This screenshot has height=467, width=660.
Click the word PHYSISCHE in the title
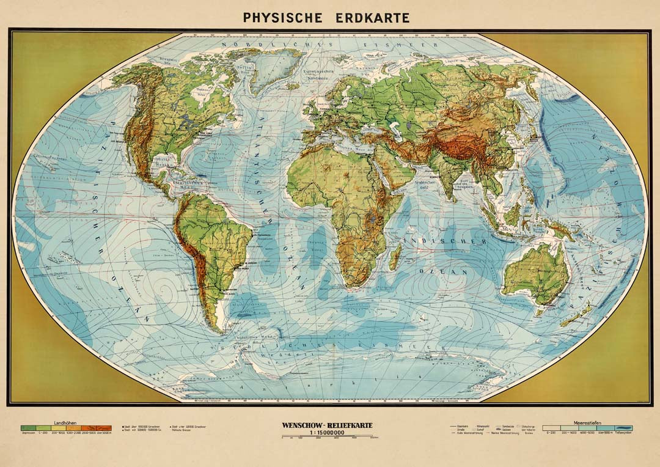pos(282,17)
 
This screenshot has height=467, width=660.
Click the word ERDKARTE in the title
pos(373,17)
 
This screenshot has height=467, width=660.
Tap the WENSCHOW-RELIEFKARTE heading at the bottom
pos(327,425)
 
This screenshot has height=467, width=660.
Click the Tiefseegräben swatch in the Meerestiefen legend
pos(623,428)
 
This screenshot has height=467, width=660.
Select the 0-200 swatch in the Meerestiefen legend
pos(550,428)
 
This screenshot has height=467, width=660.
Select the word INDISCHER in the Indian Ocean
pos(446,242)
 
